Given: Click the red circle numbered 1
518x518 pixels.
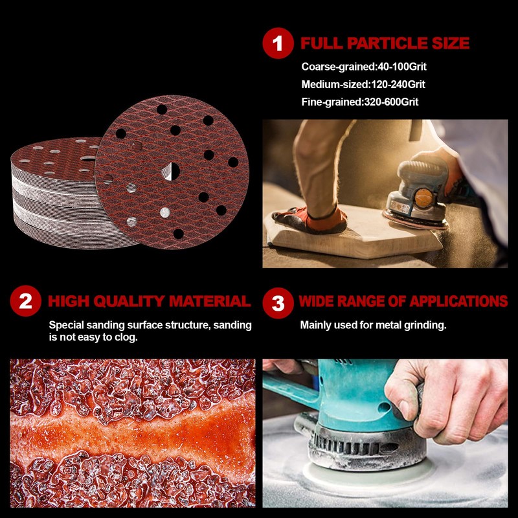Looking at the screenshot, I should click(x=278, y=43).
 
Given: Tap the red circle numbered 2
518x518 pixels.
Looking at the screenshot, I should click(x=25, y=301).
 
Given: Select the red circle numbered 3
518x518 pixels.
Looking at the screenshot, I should click(x=278, y=301).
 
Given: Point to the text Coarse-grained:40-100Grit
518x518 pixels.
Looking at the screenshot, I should click(x=364, y=67).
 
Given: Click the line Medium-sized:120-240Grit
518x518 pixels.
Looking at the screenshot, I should click(x=363, y=84).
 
